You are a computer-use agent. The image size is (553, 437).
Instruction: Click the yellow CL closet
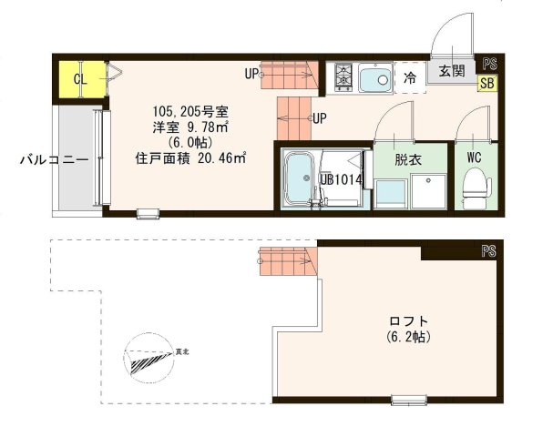(80, 79)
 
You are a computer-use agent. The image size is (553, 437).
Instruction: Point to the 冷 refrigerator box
(410, 78)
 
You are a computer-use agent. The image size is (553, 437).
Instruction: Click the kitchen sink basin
(374, 79)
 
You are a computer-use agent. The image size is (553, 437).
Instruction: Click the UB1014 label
(342, 179)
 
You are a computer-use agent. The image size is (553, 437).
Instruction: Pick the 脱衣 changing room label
(407, 158)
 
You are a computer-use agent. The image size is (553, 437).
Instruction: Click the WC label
(474, 157)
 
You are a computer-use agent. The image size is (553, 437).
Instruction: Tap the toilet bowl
(473, 190)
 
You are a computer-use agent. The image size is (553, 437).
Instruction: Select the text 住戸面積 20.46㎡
(191, 158)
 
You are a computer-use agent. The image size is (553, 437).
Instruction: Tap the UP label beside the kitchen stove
(251, 73)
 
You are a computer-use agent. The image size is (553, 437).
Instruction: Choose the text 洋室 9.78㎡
(189, 128)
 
